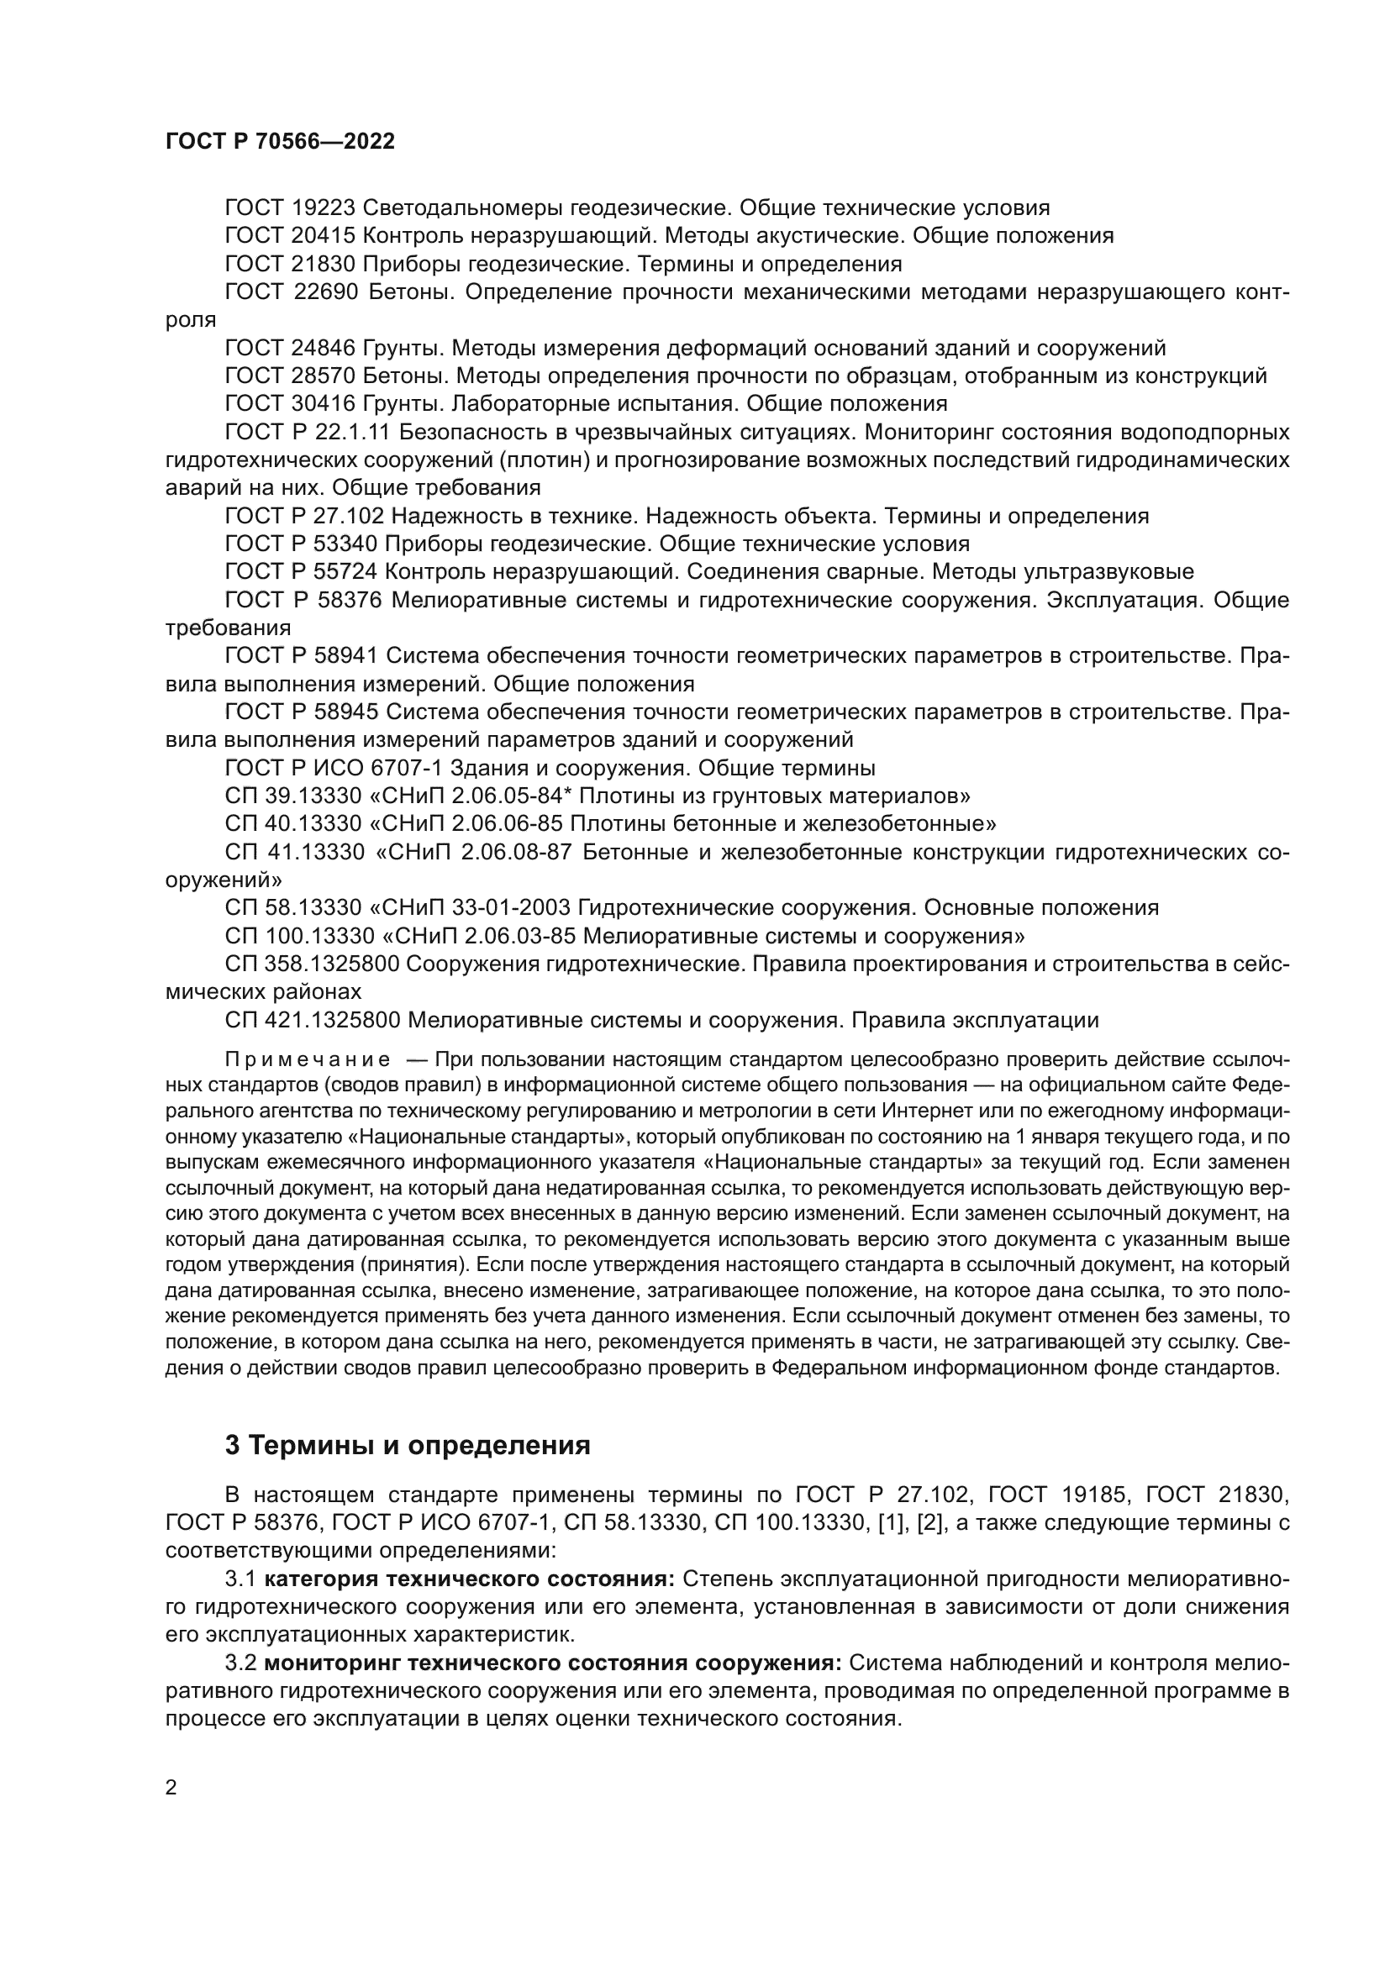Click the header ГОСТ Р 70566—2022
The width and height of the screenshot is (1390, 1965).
point(280,142)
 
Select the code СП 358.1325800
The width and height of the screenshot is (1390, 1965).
point(313,964)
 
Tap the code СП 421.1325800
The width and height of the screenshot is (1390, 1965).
point(313,1020)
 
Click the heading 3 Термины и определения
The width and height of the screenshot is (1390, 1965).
point(408,1445)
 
